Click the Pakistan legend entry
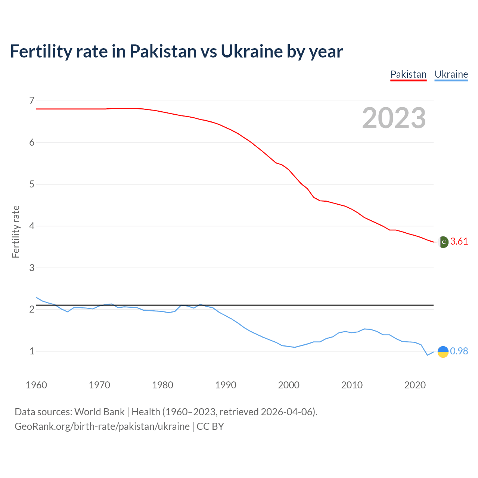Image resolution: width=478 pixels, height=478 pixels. pyautogui.click(x=408, y=74)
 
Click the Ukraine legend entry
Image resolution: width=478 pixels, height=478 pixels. pyautogui.click(x=451, y=74)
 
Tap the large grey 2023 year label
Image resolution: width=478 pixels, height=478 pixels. pyautogui.click(x=394, y=118)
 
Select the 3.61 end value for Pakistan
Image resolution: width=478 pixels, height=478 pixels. pyautogui.click(x=459, y=242)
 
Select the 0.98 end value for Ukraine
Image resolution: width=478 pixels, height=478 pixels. pyautogui.click(x=459, y=351)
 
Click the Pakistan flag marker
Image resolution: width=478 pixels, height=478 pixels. pyautogui.click(x=443, y=242)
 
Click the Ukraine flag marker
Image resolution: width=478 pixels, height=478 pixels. pyautogui.click(x=443, y=351)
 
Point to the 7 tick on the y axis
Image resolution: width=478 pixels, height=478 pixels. pyautogui.click(x=31, y=100)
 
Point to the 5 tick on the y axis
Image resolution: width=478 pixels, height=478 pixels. pyautogui.click(x=31, y=184)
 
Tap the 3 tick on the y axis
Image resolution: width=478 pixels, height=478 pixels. pyautogui.click(x=31, y=268)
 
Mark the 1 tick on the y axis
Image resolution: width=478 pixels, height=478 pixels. pyautogui.click(x=31, y=351)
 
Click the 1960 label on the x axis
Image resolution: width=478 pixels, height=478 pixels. pyautogui.click(x=36, y=385)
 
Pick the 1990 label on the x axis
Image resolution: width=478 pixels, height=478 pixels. pyautogui.click(x=226, y=385)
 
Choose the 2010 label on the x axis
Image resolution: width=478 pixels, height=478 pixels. pyautogui.click(x=352, y=385)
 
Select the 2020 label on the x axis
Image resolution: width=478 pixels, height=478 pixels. pyautogui.click(x=415, y=385)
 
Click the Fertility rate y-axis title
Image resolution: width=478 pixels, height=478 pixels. pyautogui.click(x=16, y=232)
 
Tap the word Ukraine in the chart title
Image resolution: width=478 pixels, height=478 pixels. pyautogui.click(x=252, y=51)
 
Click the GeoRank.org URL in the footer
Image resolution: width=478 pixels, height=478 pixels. pyautogui.click(x=102, y=426)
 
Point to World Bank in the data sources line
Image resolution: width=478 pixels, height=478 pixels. pyautogui.click(x=99, y=412)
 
